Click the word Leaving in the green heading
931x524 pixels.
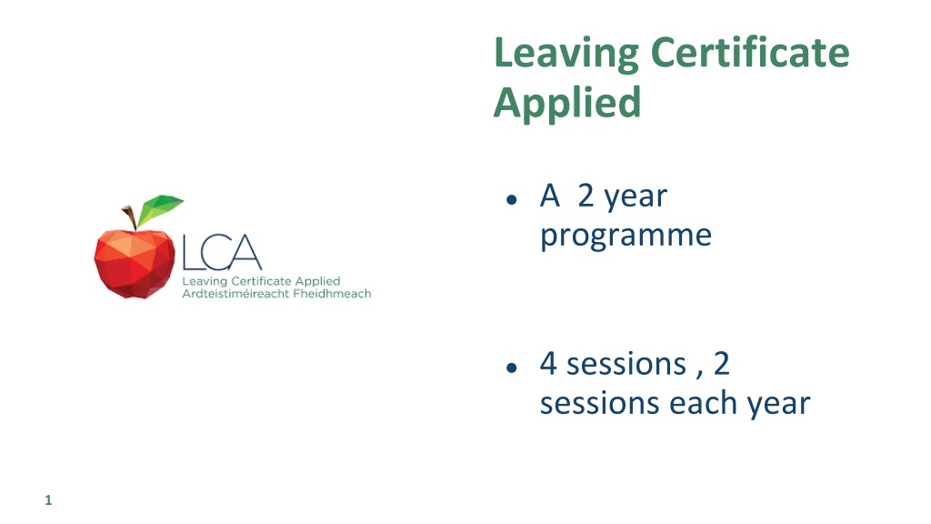point(566,54)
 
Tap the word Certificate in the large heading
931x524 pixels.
point(750,52)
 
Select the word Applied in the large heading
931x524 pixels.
point(567,104)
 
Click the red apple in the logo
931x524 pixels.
point(135,263)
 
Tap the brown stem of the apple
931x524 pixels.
point(130,217)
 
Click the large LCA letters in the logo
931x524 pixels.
point(222,253)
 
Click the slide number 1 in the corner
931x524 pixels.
point(49,500)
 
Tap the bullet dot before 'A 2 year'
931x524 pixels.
point(512,199)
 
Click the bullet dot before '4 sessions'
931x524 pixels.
point(512,368)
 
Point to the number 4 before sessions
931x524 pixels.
point(548,364)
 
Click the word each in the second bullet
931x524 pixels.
point(704,403)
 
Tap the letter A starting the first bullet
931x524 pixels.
point(550,196)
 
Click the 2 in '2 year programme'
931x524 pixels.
point(586,196)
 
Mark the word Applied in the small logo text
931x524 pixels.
point(317,282)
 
